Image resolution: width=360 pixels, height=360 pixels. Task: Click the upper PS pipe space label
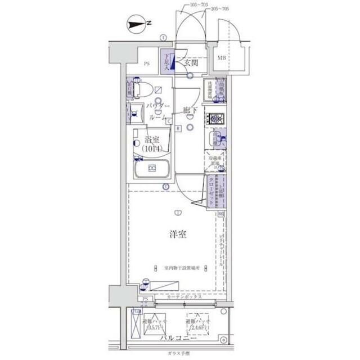pyautogui.click(x=147, y=64)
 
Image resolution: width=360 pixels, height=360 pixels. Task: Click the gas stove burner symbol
pyautogui.click(x=215, y=118)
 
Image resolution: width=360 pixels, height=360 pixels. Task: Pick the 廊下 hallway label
pyautogui.click(x=190, y=110)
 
